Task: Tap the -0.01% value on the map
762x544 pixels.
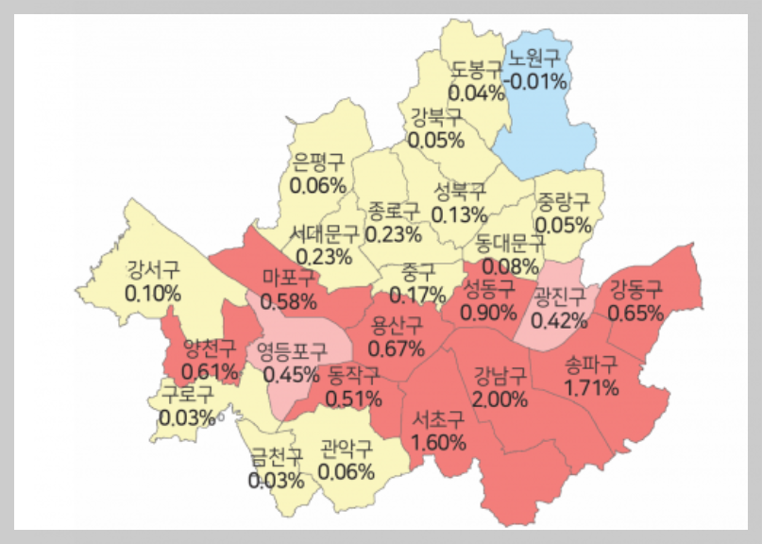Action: [535, 80]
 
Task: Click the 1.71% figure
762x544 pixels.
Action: [591, 387]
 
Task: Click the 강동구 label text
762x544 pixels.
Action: [635, 289]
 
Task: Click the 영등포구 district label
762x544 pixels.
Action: [292, 351]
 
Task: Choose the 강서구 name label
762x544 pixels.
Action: [152, 270]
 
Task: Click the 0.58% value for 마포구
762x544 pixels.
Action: [288, 301]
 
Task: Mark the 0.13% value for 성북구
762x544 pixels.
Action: [459, 214]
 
